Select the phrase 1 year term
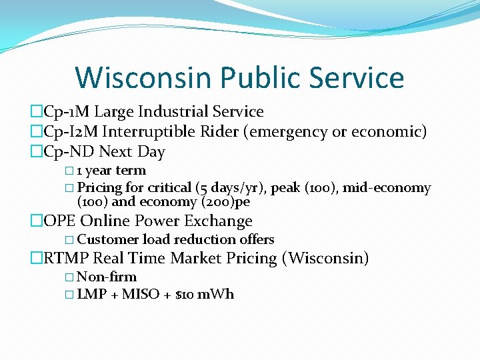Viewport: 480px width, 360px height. click(111, 171)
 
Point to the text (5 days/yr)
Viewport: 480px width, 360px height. click(231, 188)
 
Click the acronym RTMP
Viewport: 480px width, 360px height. click(66, 258)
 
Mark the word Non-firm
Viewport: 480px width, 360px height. click(107, 277)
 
